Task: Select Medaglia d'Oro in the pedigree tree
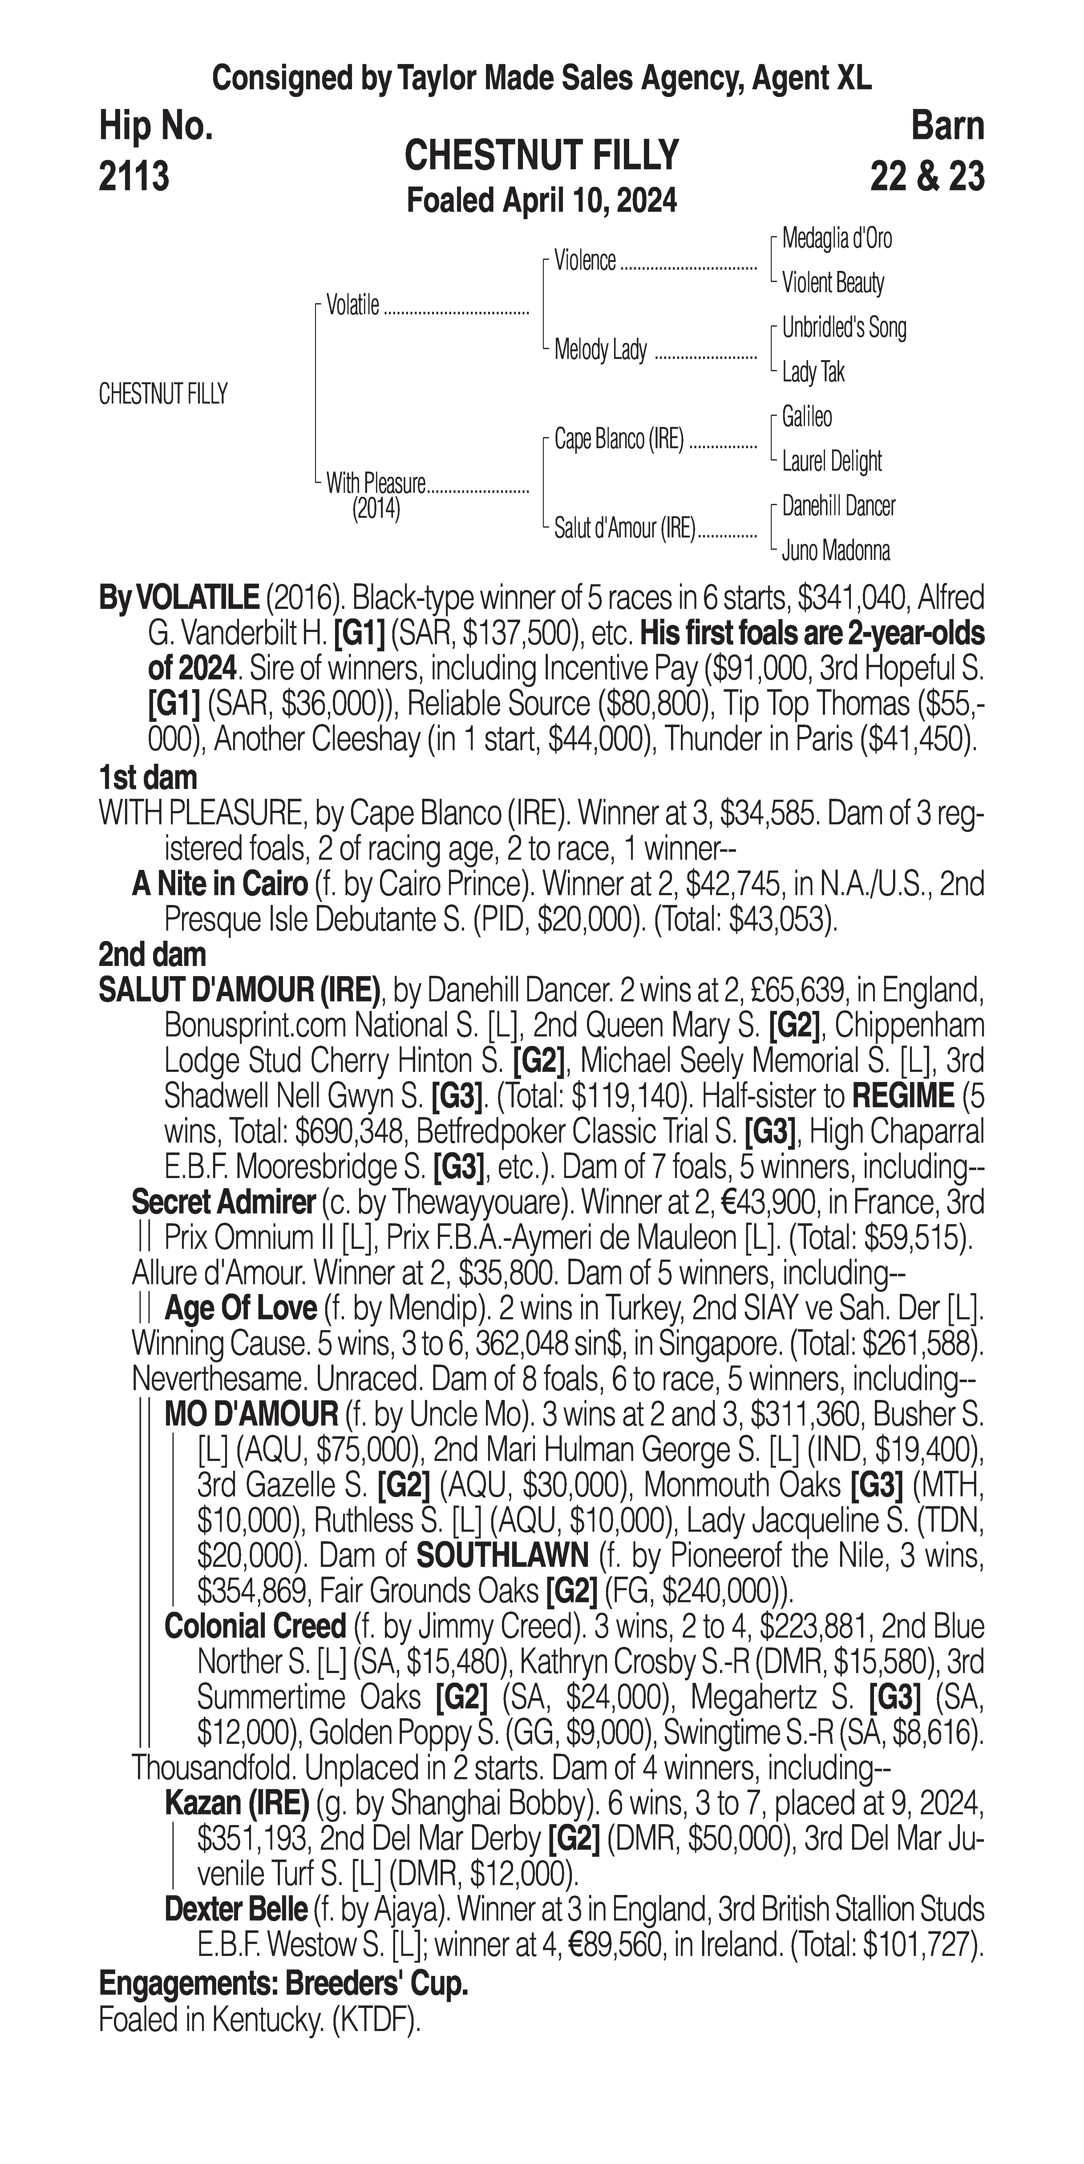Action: click(837, 239)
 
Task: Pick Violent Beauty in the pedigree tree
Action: click(833, 283)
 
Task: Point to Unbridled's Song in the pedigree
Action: click(844, 328)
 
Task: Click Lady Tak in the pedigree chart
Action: click(813, 371)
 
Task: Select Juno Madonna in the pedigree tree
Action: click(835, 551)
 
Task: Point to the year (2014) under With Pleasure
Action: click(376, 509)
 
